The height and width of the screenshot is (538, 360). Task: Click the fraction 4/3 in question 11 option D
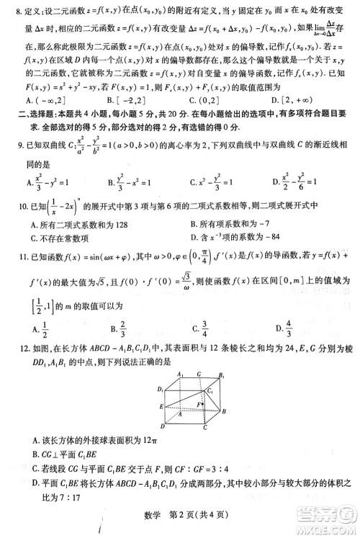[x=288, y=328]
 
